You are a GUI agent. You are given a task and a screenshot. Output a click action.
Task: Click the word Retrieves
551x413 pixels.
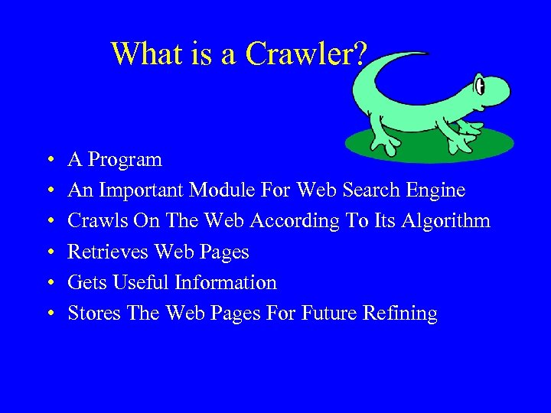tap(108, 252)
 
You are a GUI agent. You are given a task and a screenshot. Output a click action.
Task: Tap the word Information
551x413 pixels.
tap(225, 282)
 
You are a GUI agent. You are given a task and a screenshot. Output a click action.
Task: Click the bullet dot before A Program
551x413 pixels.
tap(49, 161)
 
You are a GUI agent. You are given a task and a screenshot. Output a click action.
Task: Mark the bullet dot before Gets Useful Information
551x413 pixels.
tap(49, 283)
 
